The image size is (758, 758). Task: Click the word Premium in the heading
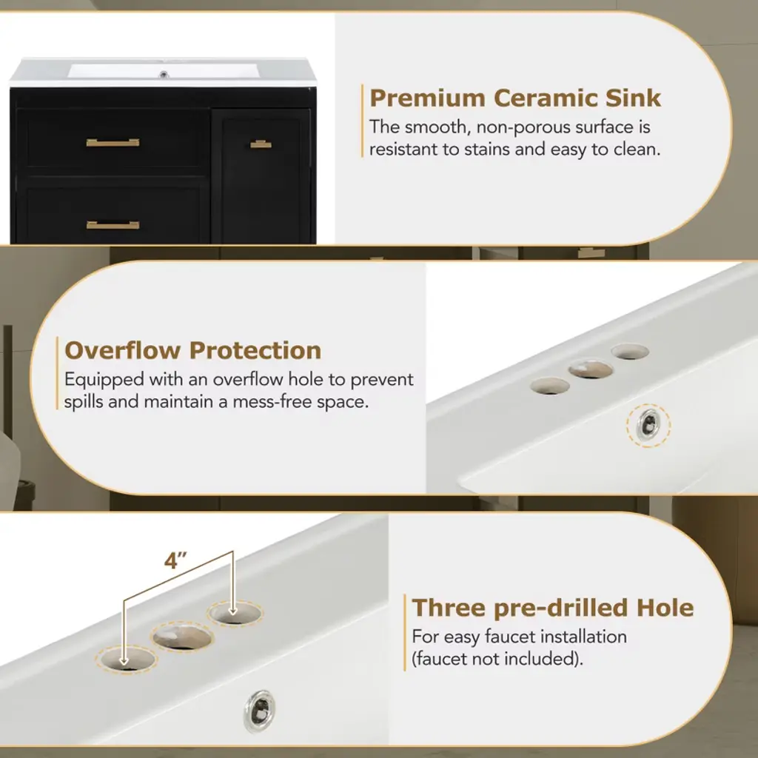pos(427,98)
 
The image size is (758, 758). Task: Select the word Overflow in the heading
pos(122,350)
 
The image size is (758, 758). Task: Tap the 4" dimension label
pos(175,561)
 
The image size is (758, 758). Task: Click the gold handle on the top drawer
pos(113,142)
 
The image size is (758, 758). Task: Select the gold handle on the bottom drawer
pos(113,225)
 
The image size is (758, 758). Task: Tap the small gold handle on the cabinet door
pos(261,144)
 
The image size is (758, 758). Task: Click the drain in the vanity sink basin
pos(164,75)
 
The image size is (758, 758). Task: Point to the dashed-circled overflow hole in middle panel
pos(648,426)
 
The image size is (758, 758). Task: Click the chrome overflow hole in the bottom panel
pos(260,711)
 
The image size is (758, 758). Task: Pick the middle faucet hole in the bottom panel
pos(182,637)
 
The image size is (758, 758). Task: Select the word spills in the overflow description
pos(84,402)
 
